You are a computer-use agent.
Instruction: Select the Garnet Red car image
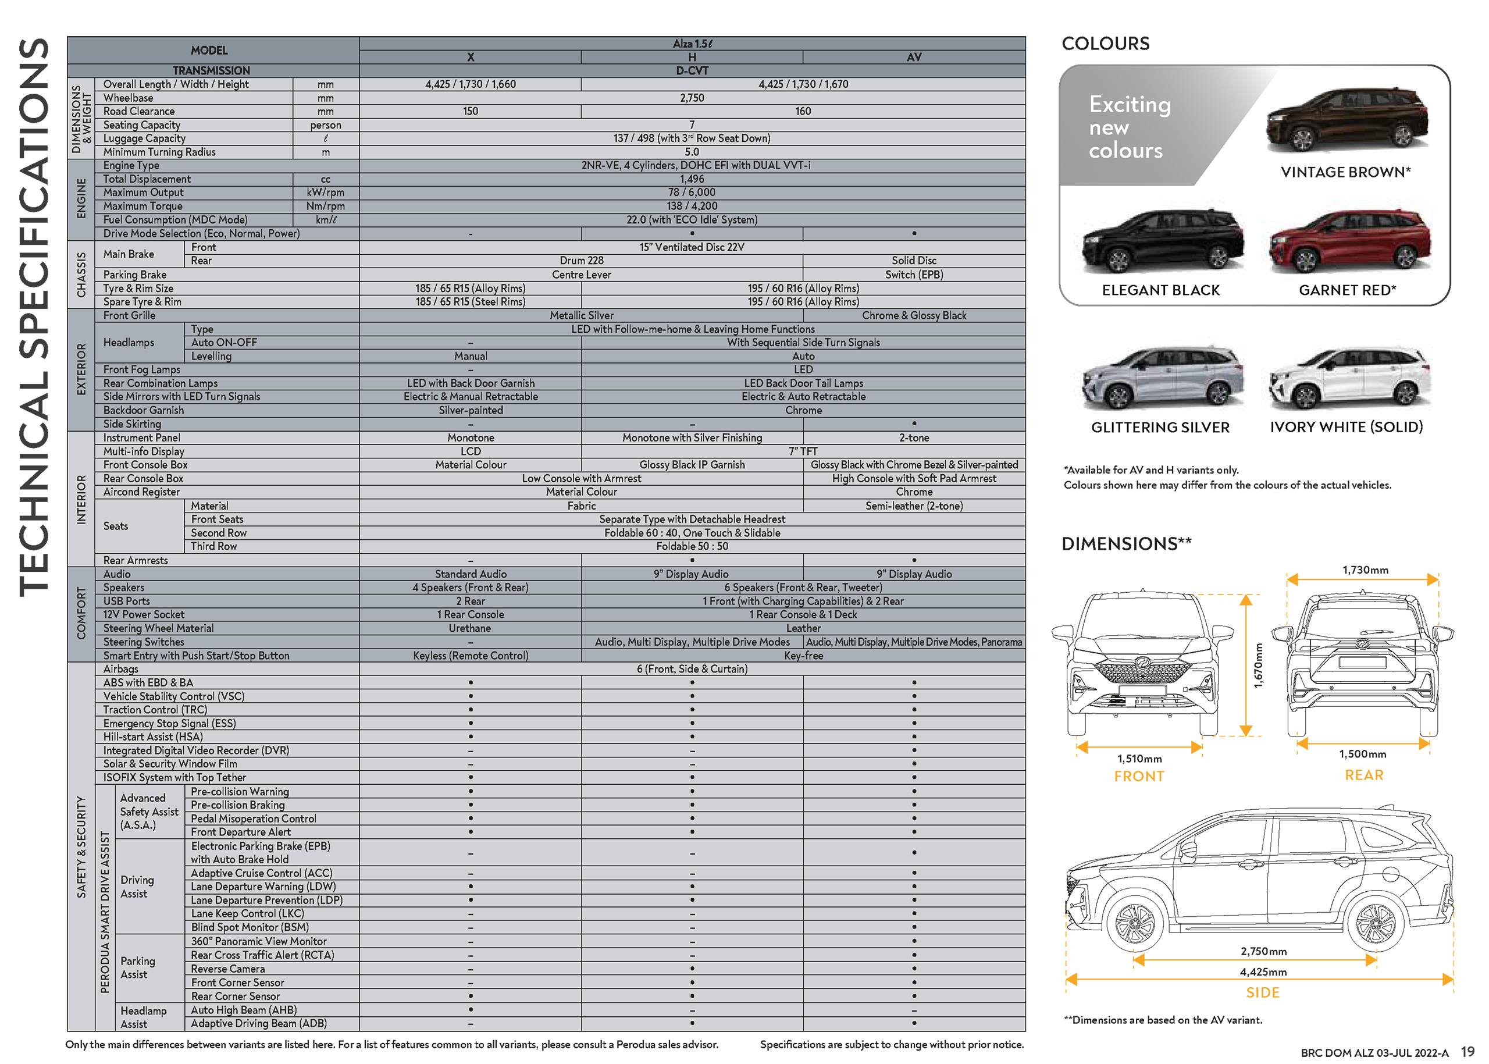[x=1349, y=240]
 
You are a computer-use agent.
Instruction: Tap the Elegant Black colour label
[x=1160, y=290]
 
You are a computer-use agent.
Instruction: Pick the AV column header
[x=914, y=58]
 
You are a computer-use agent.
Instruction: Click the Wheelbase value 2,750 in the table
[x=692, y=98]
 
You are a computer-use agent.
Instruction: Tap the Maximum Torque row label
[x=143, y=207]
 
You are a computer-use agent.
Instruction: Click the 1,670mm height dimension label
[x=1257, y=665]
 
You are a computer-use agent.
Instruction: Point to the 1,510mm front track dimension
[x=1139, y=759]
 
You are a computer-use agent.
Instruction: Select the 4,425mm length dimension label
[x=1263, y=972]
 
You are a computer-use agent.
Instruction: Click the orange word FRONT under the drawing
[x=1139, y=777]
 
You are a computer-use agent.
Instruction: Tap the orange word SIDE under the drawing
[x=1262, y=992]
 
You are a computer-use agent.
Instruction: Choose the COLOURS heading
[x=1105, y=44]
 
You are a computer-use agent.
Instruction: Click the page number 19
[x=1467, y=1052]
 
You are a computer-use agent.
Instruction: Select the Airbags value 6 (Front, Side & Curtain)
[x=692, y=669]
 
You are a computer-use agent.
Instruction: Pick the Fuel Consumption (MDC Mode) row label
[x=175, y=220]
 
